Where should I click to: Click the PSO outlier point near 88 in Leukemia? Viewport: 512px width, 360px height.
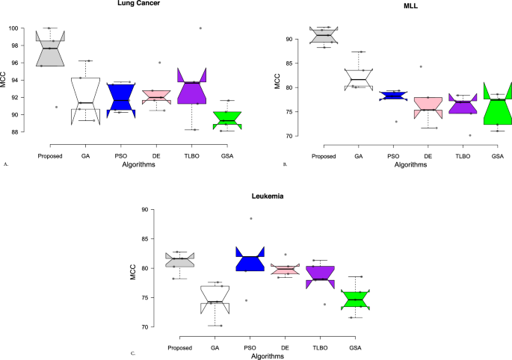pos(251,219)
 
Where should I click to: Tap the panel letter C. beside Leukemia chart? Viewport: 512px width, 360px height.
pos(133,353)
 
